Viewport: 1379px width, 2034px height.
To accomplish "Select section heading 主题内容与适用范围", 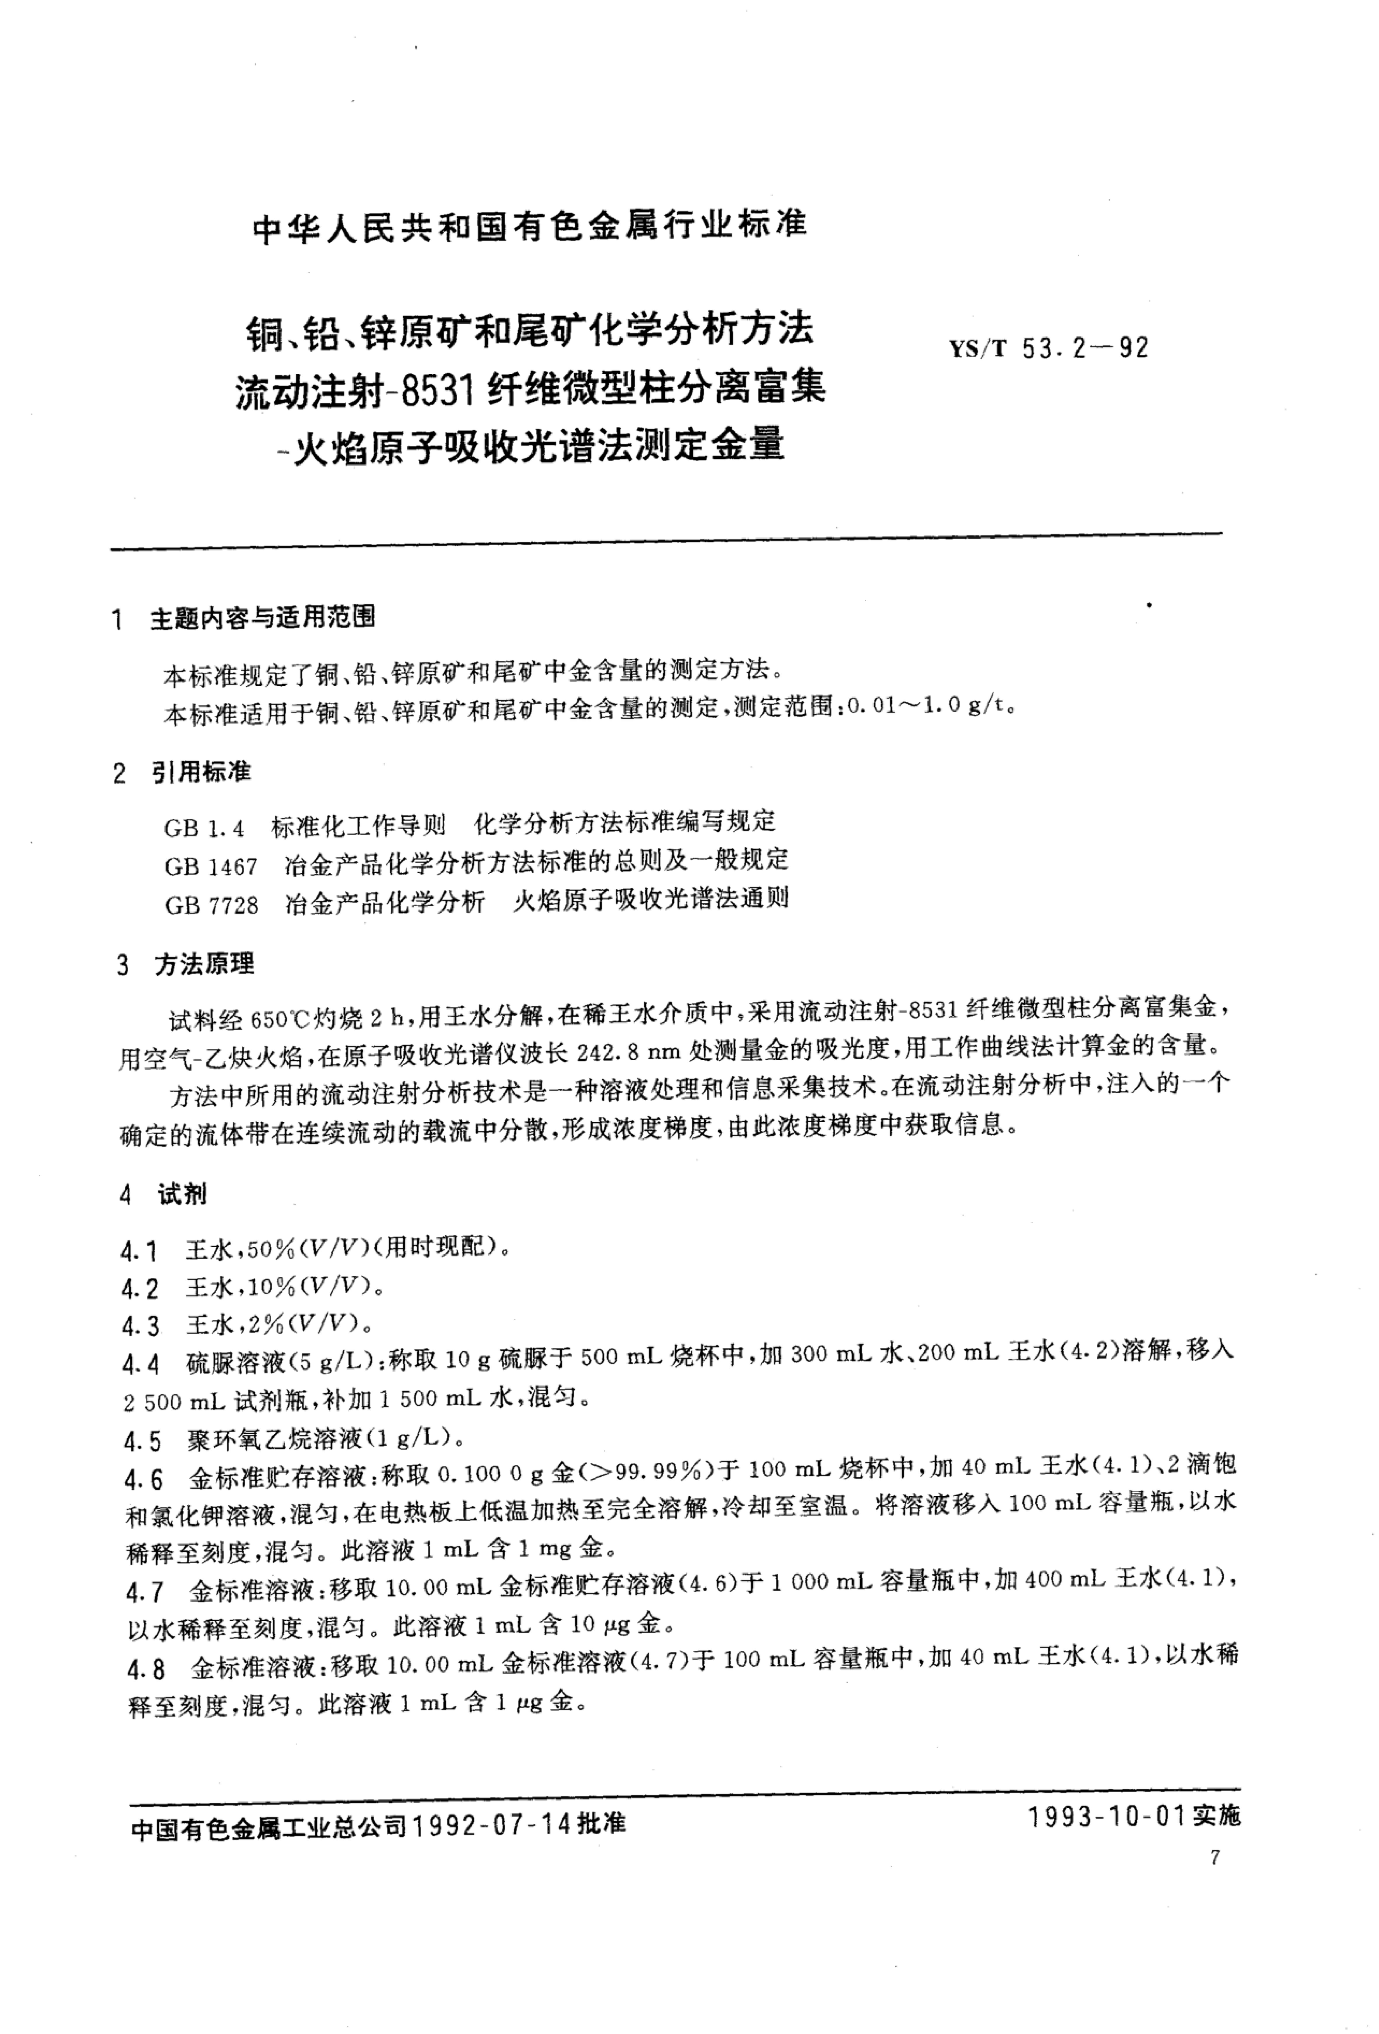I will click(263, 618).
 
